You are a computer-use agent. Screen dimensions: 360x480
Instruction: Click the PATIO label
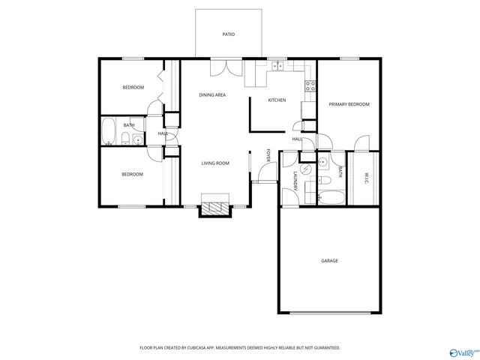click(x=228, y=34)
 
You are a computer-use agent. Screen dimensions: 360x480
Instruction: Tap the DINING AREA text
click(x=212, y=95)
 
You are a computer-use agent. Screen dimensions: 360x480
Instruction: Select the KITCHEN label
click(x=277, y=100)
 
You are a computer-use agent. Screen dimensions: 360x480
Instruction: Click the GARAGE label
click(x=329, y=261)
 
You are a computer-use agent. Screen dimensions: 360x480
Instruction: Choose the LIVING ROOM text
click(x=214, y=163)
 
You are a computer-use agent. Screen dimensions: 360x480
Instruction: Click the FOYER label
click(x=268, y=155)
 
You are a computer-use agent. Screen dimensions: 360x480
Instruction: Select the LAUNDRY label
click(x=294, y=181)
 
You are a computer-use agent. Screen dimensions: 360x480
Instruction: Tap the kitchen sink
click(x=277, y=66)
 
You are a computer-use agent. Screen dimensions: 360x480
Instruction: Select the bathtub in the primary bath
click(x=330, y=198)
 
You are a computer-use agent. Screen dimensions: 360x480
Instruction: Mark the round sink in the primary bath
click(x=323, y=161)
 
